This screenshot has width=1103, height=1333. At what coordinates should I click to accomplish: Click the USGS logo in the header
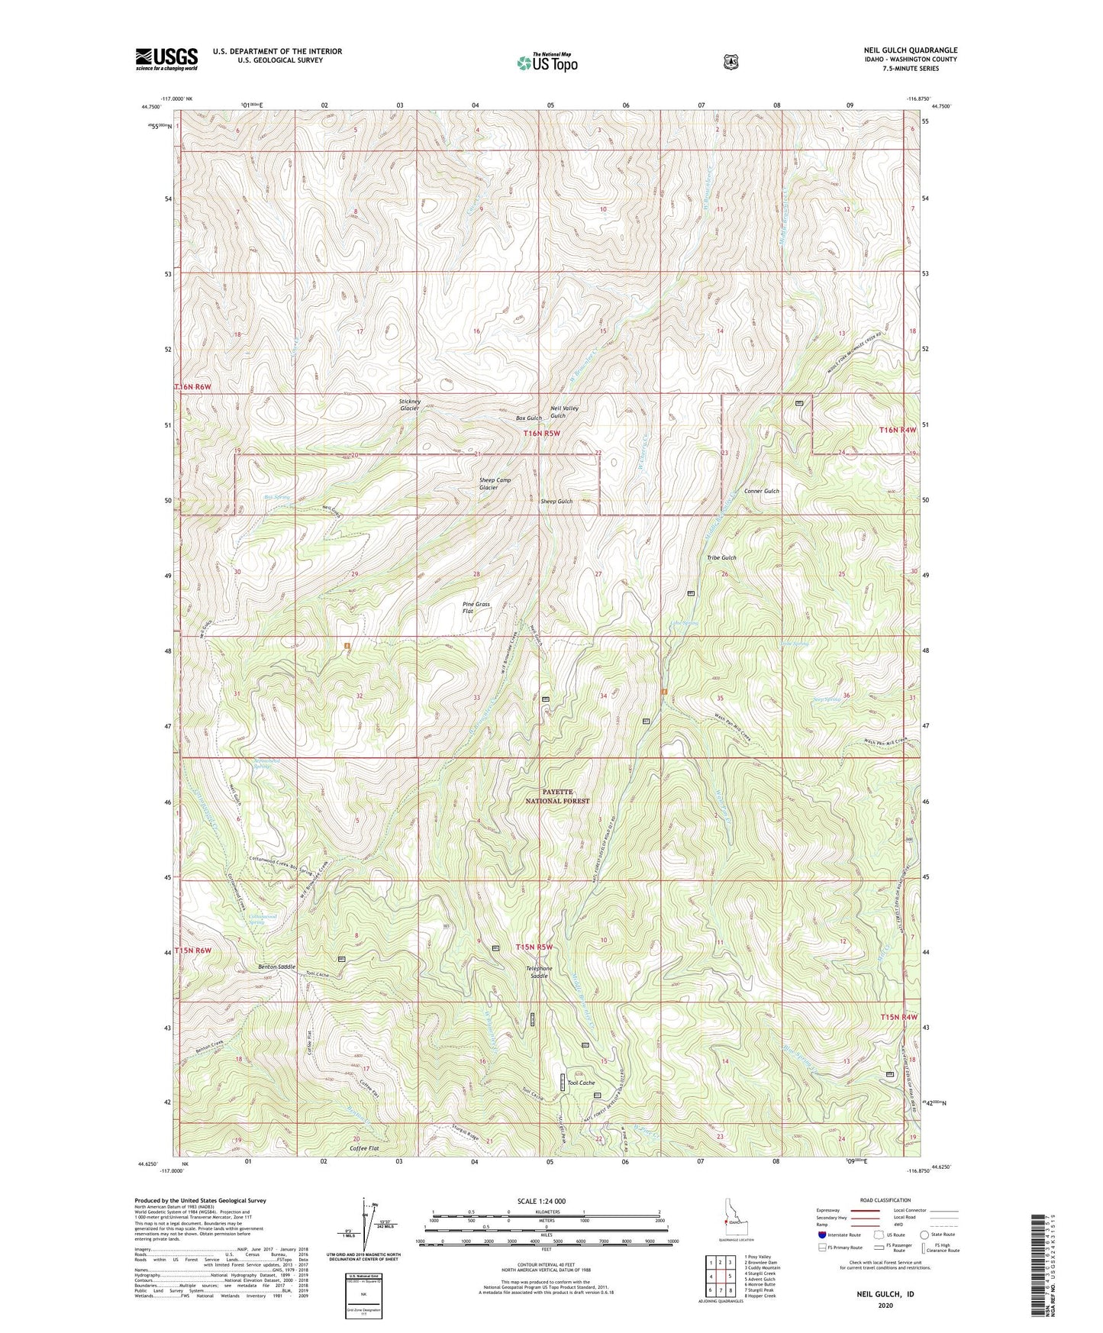(x=166, y=59)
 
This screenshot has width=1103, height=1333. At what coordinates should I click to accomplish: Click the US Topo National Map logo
(x=547, y=62)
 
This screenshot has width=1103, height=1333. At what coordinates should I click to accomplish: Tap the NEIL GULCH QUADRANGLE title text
(x=906, y=50)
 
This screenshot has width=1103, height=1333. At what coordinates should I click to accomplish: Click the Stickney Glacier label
(x=409, y=405)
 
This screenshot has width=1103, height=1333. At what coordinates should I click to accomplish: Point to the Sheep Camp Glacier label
(x=494, y=483)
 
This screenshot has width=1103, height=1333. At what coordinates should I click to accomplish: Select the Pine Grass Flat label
(x=476, y=607)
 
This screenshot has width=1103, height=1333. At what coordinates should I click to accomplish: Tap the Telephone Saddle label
(x=539, y=972)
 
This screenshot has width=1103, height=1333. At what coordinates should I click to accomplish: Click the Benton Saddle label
(x=276, y=967)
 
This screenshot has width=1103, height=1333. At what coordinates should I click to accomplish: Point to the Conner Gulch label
(x=761, y=491)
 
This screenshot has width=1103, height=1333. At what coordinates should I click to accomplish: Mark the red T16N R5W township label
(x=542, y=433)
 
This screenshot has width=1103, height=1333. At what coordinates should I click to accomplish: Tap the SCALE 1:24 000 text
(x=541, y=1201)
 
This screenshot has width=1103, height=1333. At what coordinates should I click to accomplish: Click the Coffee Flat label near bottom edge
(x=364, y=1148)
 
